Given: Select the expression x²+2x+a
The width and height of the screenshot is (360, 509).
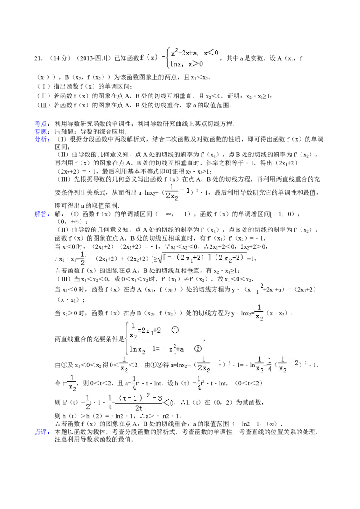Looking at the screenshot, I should click(185, 53).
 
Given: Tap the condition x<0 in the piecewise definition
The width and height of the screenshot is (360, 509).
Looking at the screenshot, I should click(211, 53).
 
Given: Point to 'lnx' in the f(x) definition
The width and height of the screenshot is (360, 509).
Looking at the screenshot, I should click(176, 64).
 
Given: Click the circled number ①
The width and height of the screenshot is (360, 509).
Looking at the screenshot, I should click(175, 330).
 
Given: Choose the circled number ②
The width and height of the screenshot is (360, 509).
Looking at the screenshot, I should click(197, 348).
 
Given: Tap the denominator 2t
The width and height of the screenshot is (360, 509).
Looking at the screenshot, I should click(139, 408).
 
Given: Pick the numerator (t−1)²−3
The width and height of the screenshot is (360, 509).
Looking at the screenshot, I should click(139, 397).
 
